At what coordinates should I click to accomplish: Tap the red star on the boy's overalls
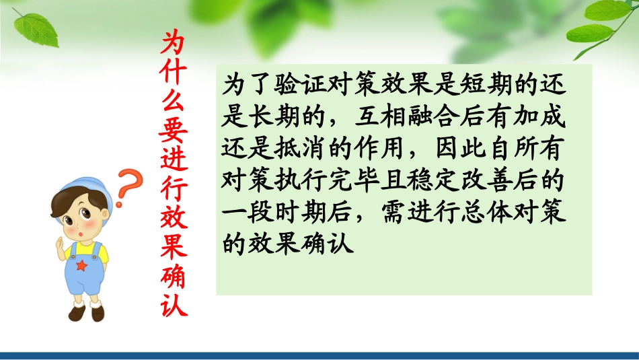[83, 266]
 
